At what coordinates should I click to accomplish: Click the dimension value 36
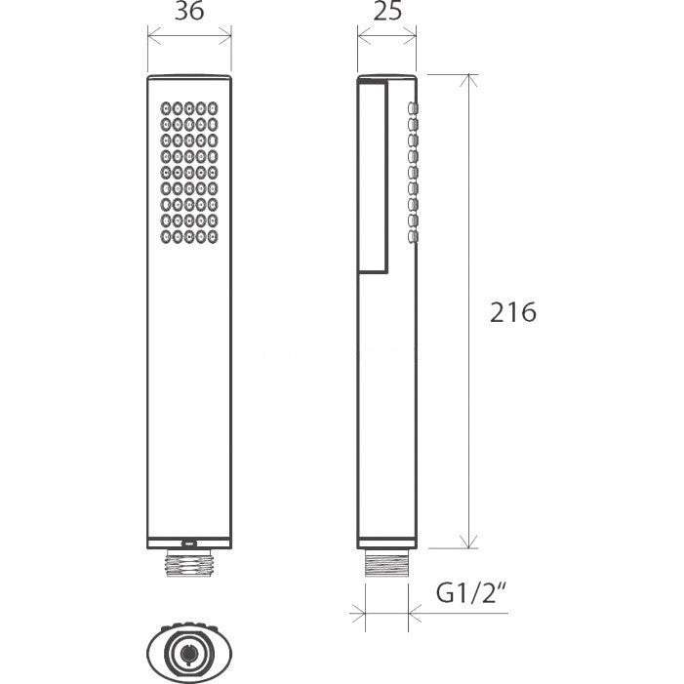click(x=189, y=11)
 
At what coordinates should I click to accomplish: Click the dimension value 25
click(x=387, y=11)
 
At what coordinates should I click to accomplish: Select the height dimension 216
click(x=512, y=312)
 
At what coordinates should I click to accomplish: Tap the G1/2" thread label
click(x=472, y=592)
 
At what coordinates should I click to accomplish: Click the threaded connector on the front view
click(x=189, y=562)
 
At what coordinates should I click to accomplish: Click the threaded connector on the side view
click(x=386, y=563)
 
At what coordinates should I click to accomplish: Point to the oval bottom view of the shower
click(x=189, y=653)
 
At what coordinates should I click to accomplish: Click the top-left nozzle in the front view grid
click(x=166, y=108)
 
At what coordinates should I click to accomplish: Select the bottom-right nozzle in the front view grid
click(x=213, y=237)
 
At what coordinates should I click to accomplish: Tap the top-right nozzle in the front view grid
click(x=213, y=108)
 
